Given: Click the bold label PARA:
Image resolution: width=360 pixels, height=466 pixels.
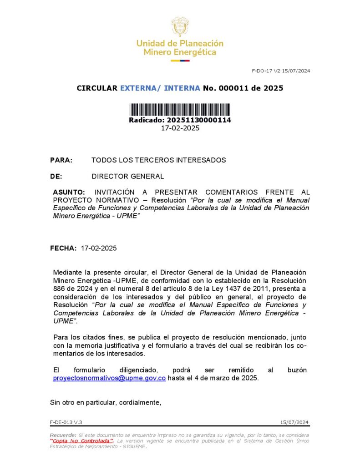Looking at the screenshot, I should tap(61, 160).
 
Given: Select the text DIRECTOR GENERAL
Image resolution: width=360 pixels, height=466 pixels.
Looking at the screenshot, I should tap(127, 177).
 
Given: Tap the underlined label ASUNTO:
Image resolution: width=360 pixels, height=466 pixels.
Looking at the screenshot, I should tap(69, 192).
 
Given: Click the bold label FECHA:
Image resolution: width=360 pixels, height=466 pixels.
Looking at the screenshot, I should tap(63, 248).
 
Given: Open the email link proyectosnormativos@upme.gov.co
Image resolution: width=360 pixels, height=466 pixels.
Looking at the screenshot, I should tap(109, 378).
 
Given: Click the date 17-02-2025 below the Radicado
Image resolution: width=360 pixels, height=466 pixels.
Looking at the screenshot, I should tap(180, 128).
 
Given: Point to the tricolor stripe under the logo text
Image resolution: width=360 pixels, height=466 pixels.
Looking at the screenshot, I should tap(180, 61).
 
